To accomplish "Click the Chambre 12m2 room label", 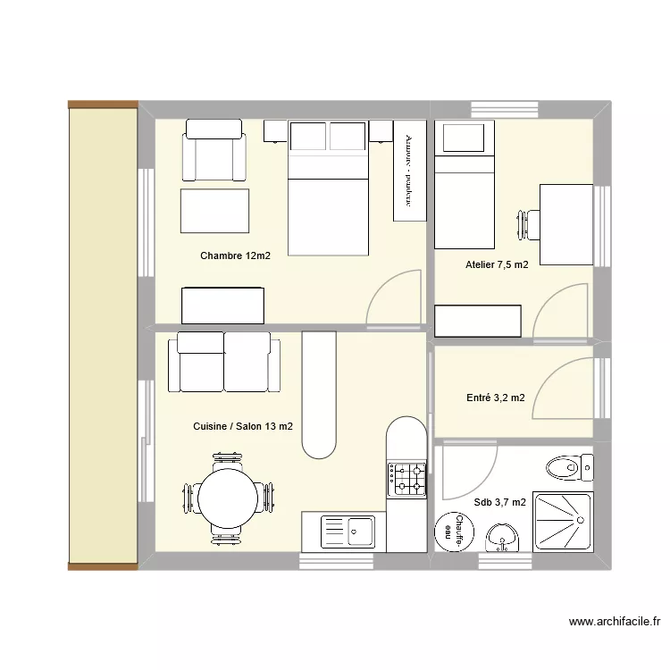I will pos(235,256).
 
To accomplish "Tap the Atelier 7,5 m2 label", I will pos(497,264).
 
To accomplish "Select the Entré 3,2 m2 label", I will pos(495,398).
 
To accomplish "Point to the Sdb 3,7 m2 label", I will pos(500,502).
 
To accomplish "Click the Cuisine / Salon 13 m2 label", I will pos(242,427).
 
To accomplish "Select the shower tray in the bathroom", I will pos(562,520).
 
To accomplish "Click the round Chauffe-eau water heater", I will pos(454,532).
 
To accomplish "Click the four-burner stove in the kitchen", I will pos(406,479).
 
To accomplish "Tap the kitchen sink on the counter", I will pos(348,531).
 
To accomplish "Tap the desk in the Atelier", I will pos(565,224).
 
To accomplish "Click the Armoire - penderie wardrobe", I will pos(410,170).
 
